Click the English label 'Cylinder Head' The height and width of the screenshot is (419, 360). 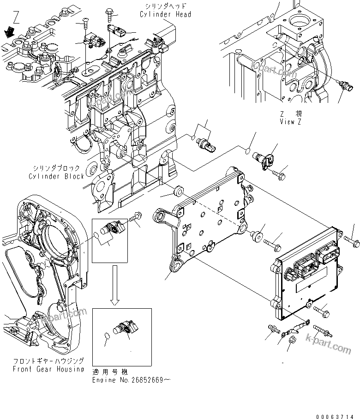[165, 14]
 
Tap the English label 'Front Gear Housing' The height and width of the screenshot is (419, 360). [48, 369]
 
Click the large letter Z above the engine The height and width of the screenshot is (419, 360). [17, 20]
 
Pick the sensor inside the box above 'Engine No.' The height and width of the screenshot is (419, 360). [126, 329]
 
